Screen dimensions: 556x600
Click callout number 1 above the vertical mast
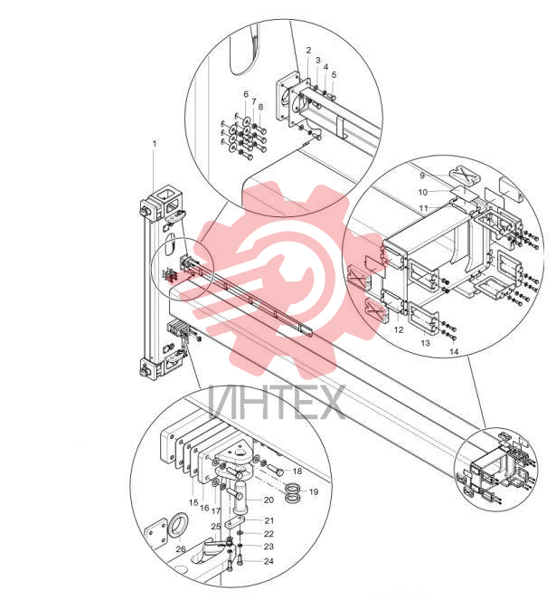point(155,144)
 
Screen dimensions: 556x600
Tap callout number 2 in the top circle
point(308,50)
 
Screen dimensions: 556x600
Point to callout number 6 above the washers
point(246,94)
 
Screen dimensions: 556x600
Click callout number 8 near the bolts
point(260,107)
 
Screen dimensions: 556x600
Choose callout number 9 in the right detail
point(422,176)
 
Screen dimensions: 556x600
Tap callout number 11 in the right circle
point(424,208)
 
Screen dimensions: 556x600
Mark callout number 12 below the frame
point(399,329)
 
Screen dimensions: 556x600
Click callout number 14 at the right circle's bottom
point(454,351)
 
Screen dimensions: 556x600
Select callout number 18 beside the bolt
point(297,471)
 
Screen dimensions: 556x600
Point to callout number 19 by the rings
point(314,491)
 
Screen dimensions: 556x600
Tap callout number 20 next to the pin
point(269,500)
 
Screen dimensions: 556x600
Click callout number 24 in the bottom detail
point(269,561)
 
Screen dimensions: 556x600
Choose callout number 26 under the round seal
point(181,549)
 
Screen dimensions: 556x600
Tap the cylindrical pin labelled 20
point(241,498)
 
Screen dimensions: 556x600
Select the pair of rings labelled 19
point(294,493)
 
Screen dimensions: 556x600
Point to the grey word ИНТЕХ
point(277,402)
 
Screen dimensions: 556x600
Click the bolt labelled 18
point(274,469)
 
